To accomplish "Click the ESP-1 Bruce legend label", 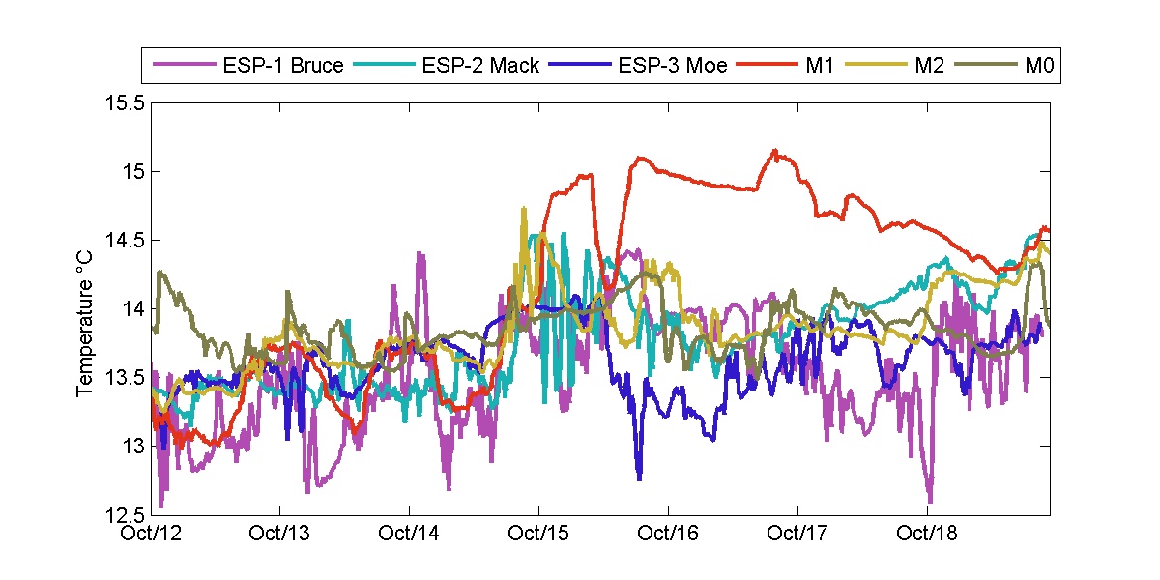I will pyautogui.click(x=283, y=67).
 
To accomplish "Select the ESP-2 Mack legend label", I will pyautogui.click(x=480, y=67).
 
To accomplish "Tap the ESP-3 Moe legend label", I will pyautogui.click(x=673, y=67).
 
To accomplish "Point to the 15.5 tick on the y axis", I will pyautogui.click(x=126, y=103).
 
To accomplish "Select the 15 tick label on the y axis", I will pyautogui.click(x=133, y=172).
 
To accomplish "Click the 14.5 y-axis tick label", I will pyautogui.click(x=126, y=241).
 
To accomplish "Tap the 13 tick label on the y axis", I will pyautogui.click(x=133, y=447).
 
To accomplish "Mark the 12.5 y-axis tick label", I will pyautogui.click(x=126, y=514).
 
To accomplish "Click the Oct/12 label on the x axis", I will pyautogui.click(x=151, y=533).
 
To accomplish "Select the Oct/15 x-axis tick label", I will pyautogui.click(x=538, y=533).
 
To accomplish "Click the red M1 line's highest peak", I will pyautogui.click(x=775, y=151).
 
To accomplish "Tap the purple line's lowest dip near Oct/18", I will pyautogui.click(x=930, y=501).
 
